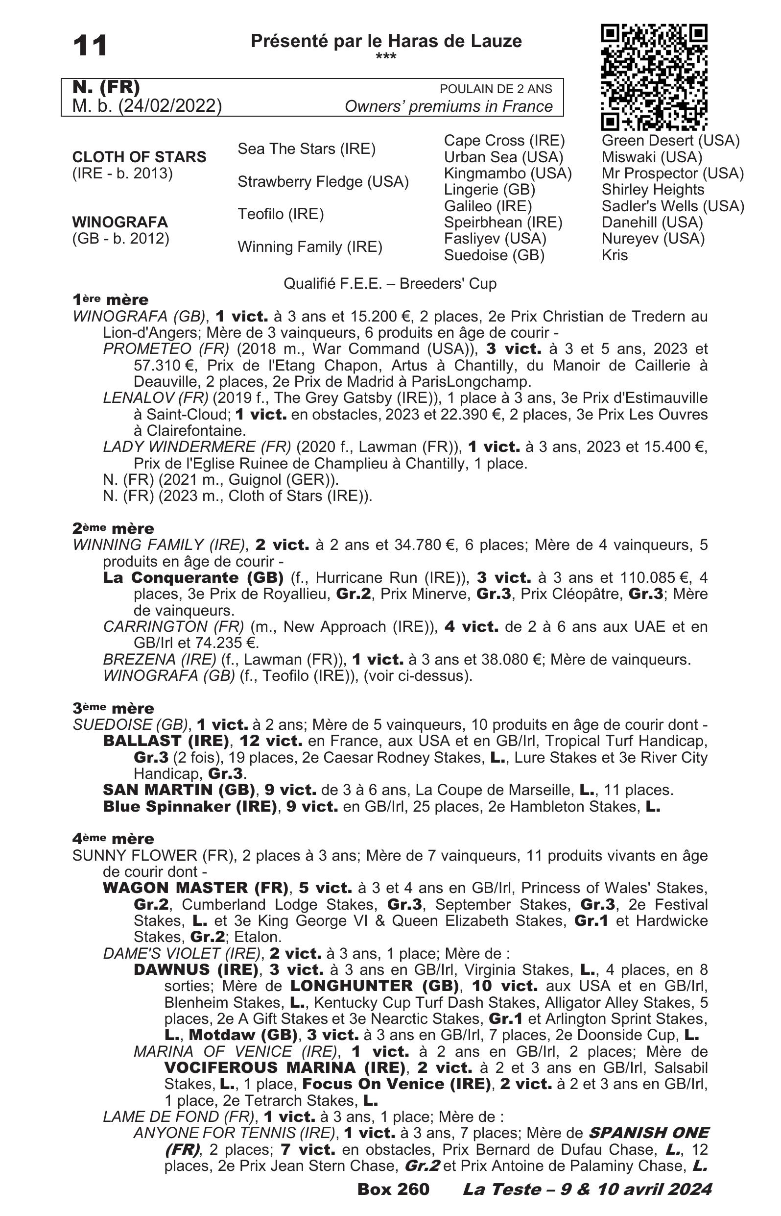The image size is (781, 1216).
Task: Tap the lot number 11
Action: (90, 46)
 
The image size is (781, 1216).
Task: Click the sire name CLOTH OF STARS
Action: (139, 157)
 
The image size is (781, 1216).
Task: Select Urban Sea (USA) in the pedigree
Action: (503, 157)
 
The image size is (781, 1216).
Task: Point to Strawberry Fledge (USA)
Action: (323, 182)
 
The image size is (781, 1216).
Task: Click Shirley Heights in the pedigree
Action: (653, 189)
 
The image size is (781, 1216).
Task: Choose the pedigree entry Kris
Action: (614, 255)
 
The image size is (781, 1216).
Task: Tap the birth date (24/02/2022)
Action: (169, 105)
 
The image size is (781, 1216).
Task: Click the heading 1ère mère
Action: (110, 299)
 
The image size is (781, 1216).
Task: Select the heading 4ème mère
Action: (113, 839)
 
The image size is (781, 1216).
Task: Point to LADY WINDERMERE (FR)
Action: (197, 447)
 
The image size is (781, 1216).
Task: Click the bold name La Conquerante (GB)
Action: (193, 577)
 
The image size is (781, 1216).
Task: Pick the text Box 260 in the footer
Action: (393, 1189)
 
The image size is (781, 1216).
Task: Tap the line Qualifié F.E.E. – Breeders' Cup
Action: (389, 283)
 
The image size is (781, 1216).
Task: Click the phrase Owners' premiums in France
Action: (449, 106)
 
